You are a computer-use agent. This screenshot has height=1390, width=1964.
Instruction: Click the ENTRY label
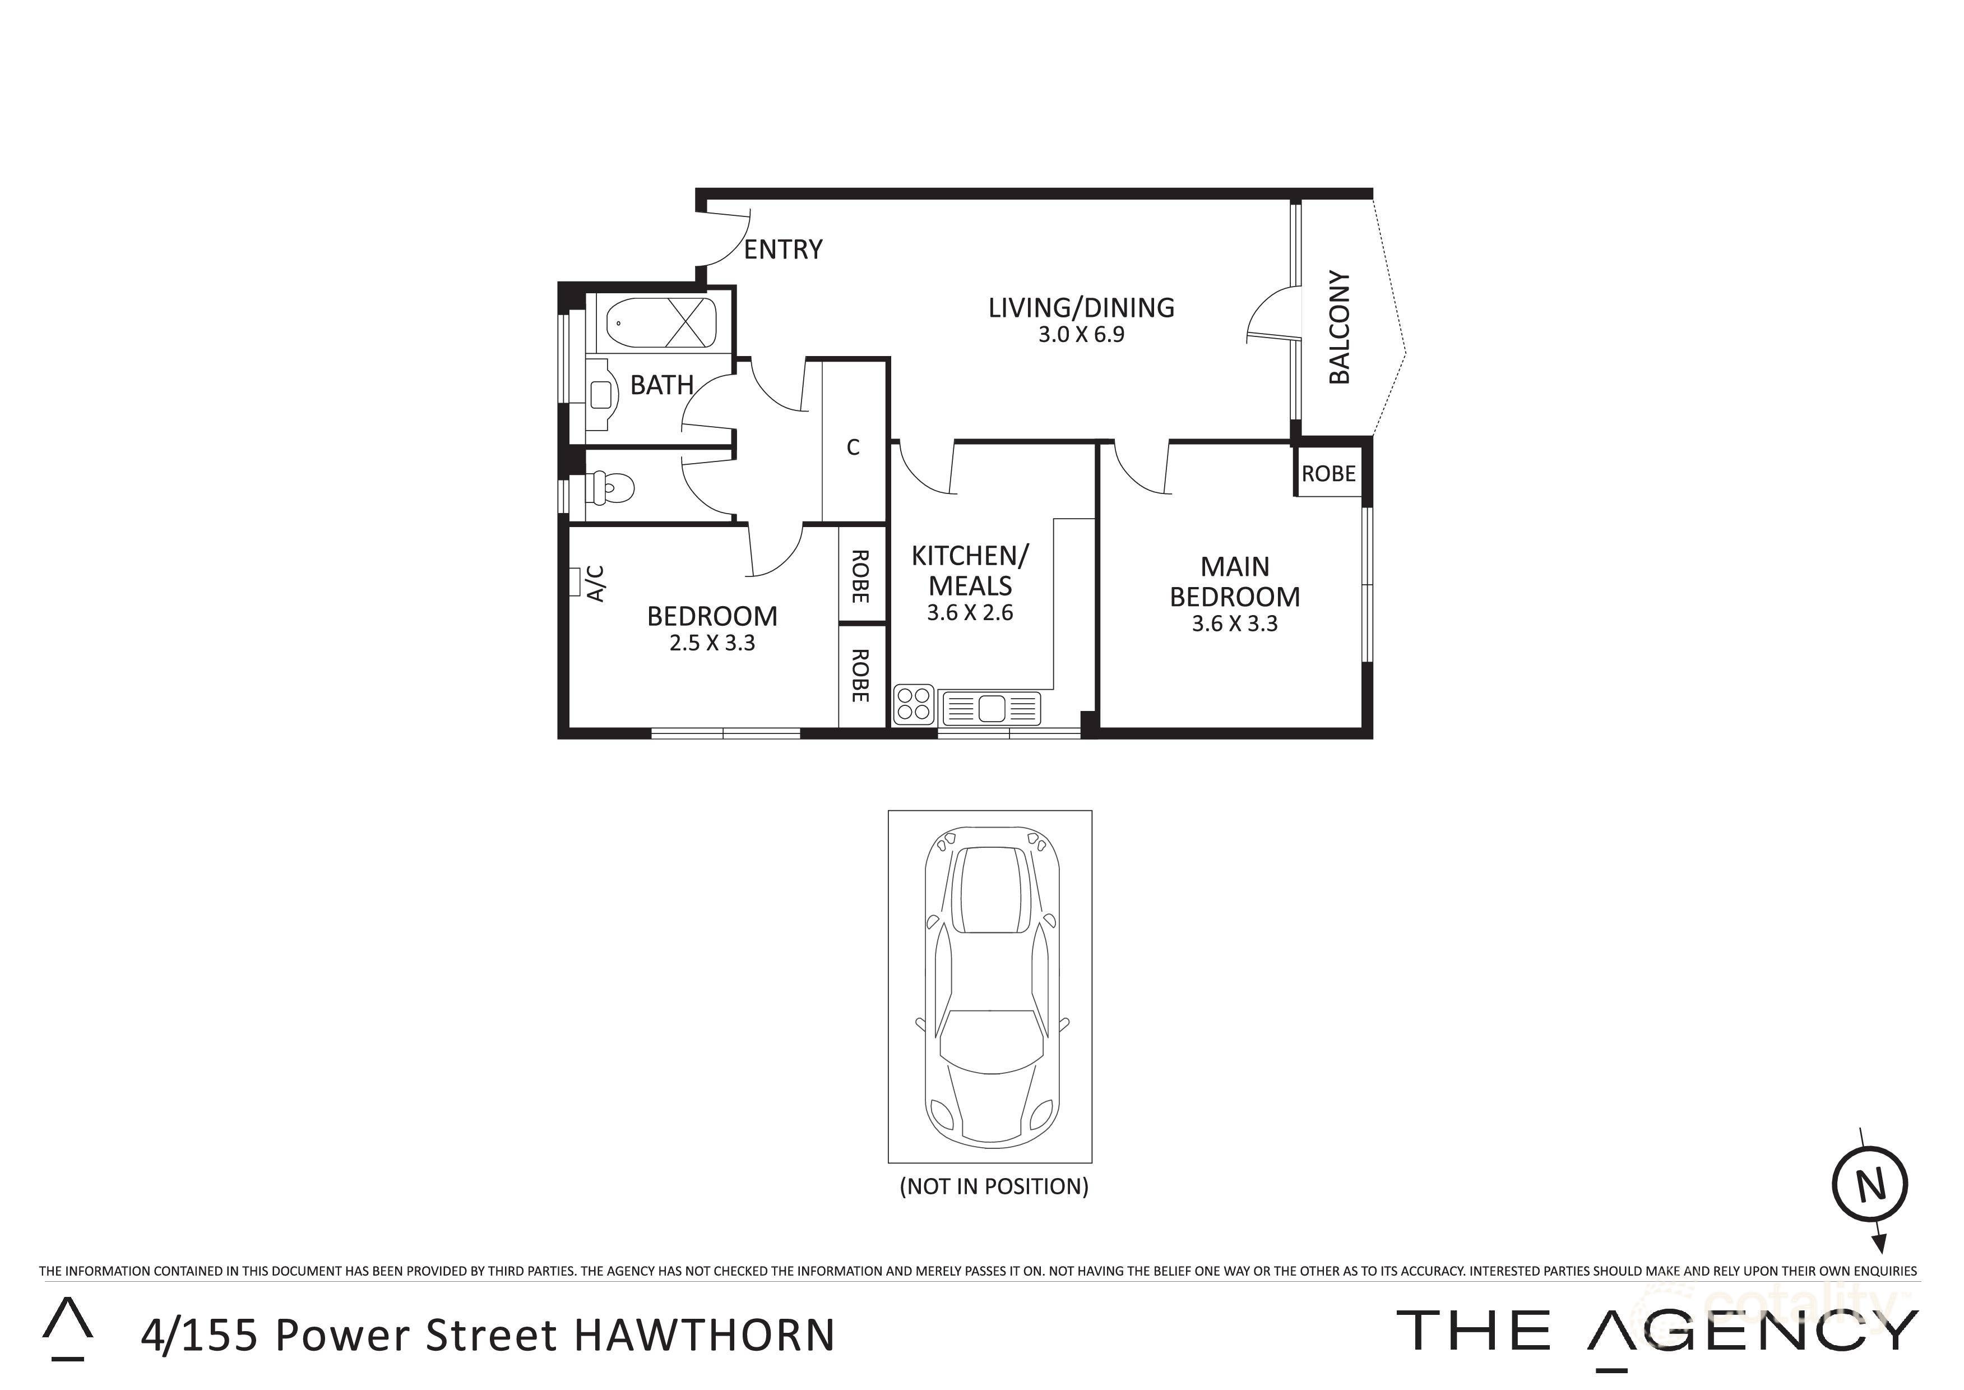(782, 250)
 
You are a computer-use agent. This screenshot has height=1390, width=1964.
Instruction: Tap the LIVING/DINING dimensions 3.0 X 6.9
(1081, 335)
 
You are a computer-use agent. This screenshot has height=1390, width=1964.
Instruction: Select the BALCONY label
(1340, 328)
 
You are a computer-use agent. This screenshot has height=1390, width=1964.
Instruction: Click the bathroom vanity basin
(603, 394)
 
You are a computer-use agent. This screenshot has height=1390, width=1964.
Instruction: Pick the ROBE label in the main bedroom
(1328, 473)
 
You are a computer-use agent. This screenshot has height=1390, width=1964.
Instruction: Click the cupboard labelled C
(853, 447)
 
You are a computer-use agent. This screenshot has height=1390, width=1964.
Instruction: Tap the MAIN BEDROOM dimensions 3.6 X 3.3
(1234, 624)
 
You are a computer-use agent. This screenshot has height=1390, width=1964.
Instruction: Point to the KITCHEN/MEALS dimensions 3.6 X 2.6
(970, 613)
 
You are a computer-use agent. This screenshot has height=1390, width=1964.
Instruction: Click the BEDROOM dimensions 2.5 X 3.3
(712, 643)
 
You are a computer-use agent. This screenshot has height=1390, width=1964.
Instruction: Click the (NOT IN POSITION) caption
(994, 1186)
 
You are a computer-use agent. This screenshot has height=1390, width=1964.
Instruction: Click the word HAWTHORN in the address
(703, 1335)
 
